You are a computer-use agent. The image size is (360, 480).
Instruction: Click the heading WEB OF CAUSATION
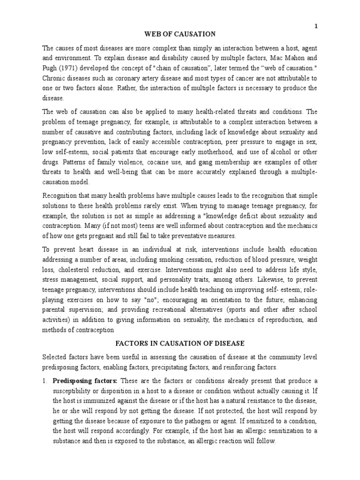coord(180,34)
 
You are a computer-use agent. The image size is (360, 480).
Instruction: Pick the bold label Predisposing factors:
coord(81,380)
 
